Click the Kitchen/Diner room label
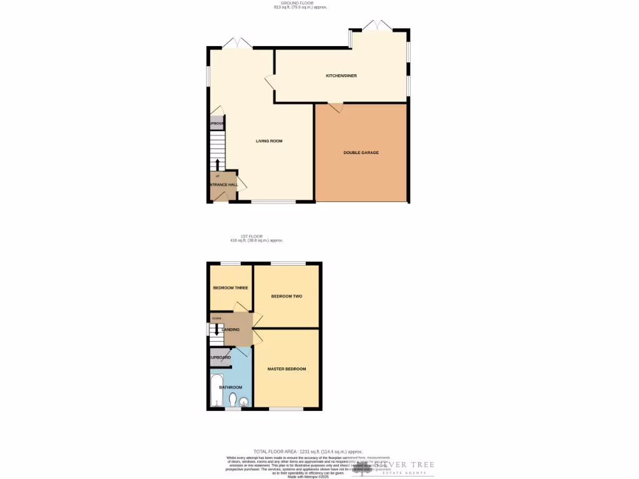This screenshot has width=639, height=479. coord(341,76)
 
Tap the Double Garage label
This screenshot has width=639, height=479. coord(361,153)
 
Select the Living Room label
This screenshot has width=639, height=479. coord(269,141)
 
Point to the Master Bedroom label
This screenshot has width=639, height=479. coord(286,369)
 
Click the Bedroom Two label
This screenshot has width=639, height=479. coord(286,296)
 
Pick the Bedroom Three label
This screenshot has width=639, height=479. coord(230,288)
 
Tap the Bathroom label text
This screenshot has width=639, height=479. coord(230,387)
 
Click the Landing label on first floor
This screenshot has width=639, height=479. coord(230,329)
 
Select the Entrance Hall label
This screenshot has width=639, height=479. coord(223,185)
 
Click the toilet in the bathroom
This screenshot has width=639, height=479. coord(232,399)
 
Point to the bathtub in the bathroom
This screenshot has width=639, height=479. coord(217,390)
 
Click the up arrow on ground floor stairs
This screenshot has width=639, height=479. coord(217,165)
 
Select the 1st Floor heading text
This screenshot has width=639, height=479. coord(247,236)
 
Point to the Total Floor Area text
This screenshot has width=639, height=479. coord(308,452)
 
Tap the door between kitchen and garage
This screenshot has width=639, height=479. coord(336,107)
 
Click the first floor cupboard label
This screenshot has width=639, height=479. coord(219,357)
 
